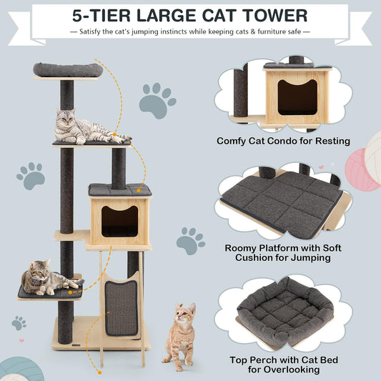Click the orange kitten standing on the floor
pos(180,336)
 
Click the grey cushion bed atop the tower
pos(68,70)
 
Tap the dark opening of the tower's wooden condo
pos(119,222)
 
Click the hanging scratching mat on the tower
pos(122,308)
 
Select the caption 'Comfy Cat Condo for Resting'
pos(283,141)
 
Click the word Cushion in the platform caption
pos(257,257)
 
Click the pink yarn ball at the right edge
pos(361,170)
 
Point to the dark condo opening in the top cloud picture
pos(297,97)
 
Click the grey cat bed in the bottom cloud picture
pos(285,312)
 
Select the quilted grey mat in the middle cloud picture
pos(282,204)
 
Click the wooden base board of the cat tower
pos(101,333)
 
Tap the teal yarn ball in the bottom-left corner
pos(21,369)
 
